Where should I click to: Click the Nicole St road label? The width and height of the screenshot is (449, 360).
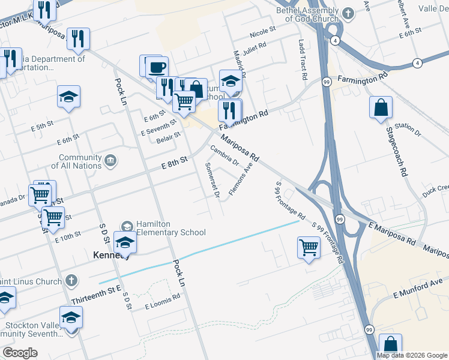[x=263, y=29]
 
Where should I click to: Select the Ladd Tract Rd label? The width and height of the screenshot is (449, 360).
[x=302, y=61]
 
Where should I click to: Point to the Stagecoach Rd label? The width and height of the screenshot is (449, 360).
[x=397, y=151]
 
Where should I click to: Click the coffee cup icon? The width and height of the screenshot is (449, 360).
[x=157, y=66]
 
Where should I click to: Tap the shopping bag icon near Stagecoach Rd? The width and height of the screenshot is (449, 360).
[x=381, y=108]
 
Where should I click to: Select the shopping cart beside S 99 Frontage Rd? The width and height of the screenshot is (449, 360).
[x=308, y=246]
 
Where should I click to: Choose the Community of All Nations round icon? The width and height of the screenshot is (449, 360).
[x=110, y=160]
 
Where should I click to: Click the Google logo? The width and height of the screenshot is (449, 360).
[x=20, y=353]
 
